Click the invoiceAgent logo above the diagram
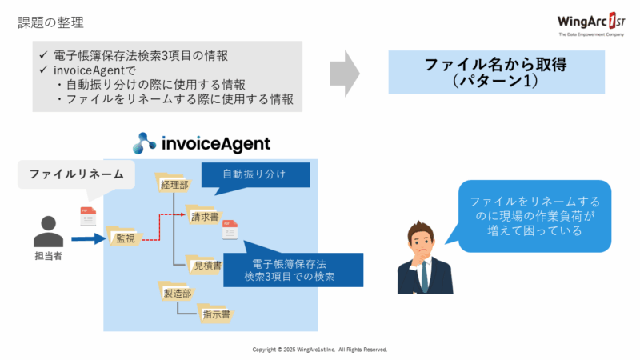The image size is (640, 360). (202, 143)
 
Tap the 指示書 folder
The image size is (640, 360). (215, 314)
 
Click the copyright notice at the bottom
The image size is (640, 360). (320, 350)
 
